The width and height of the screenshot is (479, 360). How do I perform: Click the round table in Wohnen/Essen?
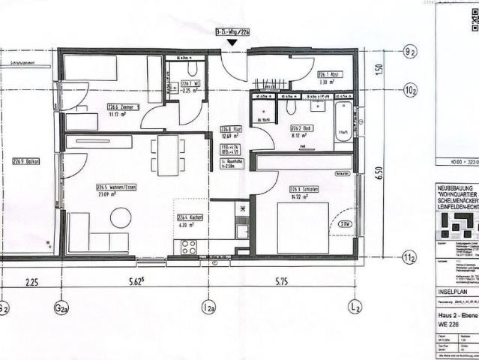point(121,218)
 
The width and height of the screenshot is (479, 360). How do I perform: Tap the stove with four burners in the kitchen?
point(187,245)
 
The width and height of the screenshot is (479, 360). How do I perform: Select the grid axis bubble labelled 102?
point(410,90)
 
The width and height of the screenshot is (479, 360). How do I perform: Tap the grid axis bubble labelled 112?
point(410,259)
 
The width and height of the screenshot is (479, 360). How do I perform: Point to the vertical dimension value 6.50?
point(379,173)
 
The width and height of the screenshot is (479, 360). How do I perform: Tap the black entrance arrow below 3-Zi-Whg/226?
point(233,43)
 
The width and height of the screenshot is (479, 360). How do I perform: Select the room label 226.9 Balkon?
point(26,161)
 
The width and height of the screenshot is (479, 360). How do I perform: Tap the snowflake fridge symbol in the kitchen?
point(241,208)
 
